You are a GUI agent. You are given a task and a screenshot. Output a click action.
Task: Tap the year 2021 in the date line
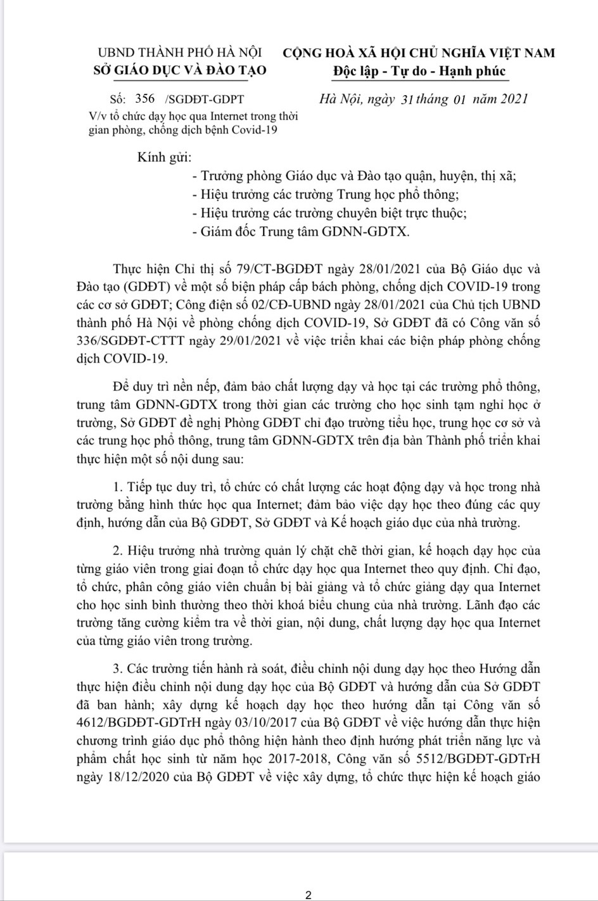tap(506, 99)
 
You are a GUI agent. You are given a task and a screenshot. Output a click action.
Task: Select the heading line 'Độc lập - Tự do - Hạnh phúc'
tap(419, 71)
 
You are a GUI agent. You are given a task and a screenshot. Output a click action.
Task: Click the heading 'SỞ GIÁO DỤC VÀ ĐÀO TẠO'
tap(180, 70)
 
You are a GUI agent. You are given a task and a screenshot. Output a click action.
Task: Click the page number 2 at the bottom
tap(309, 895)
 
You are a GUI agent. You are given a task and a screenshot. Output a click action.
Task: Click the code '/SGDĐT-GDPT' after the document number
tap(203, 99)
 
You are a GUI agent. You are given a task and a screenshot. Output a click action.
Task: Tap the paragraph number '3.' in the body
tap(117, 668)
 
